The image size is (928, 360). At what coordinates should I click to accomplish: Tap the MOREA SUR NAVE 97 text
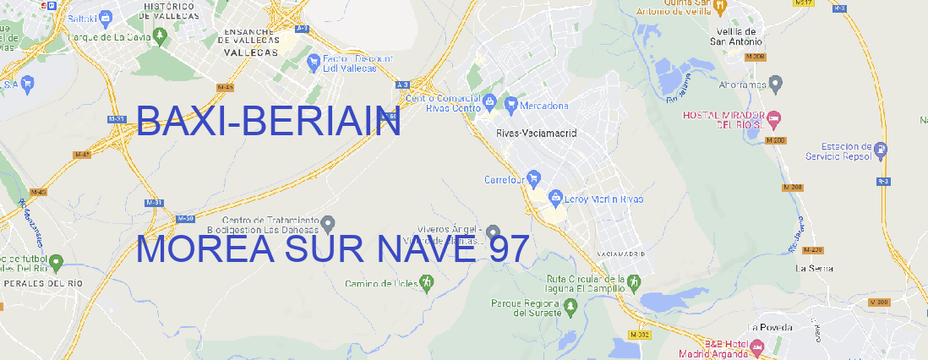(x=332, y=249)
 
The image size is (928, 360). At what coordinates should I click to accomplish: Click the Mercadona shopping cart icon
(x=511, y=106)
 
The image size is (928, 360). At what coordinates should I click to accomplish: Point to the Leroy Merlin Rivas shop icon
(x=555, y=199)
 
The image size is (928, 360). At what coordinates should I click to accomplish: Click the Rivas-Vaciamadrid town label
(x=536, y=134)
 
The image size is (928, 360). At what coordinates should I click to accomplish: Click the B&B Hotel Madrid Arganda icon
(x=757, y=346)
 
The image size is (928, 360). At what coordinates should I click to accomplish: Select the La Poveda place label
(x=770, y=327)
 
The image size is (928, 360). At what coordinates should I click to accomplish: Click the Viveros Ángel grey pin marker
(x=493, y=232)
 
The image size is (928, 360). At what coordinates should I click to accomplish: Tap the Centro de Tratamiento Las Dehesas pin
(x=328, y=223)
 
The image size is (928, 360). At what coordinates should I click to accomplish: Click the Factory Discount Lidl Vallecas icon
(x=314, y=63)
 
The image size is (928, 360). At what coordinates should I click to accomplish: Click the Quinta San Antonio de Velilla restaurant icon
(x=719, y=7)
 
